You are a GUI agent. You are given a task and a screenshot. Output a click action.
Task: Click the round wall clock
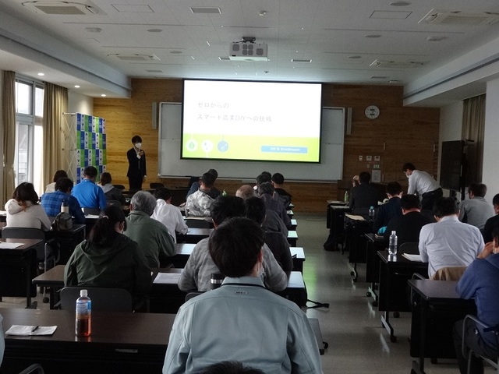coord(372,112)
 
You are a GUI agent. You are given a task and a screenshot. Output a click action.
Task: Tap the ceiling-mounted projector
coord(248,49)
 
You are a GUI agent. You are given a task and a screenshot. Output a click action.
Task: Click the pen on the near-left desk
coord(34,329)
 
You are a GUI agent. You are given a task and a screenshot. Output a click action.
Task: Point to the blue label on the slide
coord(283,148)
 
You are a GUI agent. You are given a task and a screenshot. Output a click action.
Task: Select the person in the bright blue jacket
coord(88,192)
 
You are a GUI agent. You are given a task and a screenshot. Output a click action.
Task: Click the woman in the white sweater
coord(26,208)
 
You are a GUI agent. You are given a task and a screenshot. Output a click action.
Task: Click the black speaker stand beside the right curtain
coord(453,164)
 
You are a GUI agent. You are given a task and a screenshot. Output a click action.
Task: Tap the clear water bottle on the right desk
coord(393,242)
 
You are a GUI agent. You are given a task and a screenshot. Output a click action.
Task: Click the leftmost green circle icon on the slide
coord(192,145)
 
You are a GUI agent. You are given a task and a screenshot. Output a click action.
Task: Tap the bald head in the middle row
coord(245,191)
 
